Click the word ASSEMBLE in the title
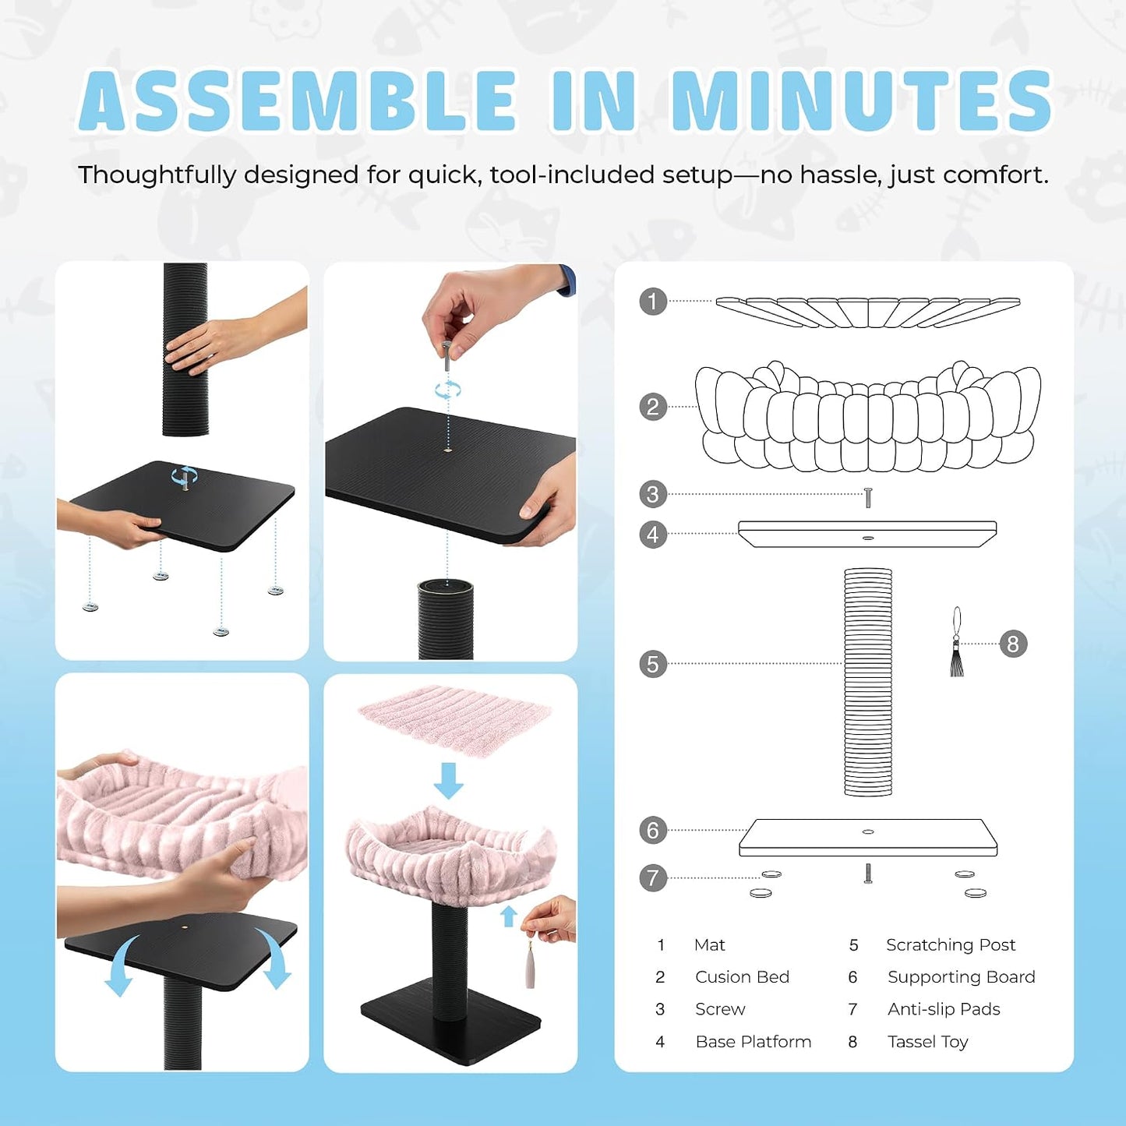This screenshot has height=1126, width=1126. click(298, 100)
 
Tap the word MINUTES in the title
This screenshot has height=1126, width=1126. click(861, 100)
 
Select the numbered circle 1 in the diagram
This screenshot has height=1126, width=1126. click(653, 302)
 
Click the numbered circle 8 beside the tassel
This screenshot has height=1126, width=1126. click(1013, 644)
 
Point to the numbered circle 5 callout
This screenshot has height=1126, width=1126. click(653, 664)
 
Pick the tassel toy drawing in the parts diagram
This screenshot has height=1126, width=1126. click(957, 641)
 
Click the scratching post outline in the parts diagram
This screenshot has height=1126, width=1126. click(868, 682)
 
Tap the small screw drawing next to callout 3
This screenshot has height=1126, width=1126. click(868, 497)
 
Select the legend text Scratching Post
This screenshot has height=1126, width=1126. click(951, 945)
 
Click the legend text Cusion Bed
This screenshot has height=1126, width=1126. click(742, 977)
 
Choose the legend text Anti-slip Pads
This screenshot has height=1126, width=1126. click(944, 1009)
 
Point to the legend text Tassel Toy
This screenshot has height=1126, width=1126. click(928, 1042)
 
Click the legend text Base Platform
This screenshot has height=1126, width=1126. click(754, 1042)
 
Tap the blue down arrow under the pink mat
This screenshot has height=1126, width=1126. click(448, 780)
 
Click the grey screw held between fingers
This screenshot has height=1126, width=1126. click(447, 355)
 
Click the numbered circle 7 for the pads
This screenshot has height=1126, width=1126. click(653, 877)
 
